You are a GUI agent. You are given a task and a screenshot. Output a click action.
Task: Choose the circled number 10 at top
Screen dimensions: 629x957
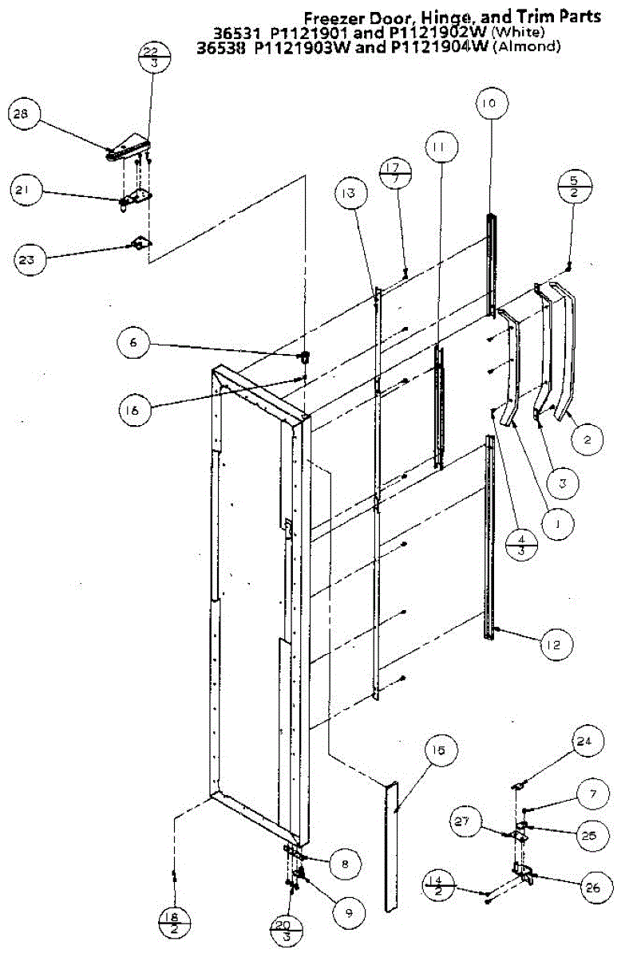(489, 103)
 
